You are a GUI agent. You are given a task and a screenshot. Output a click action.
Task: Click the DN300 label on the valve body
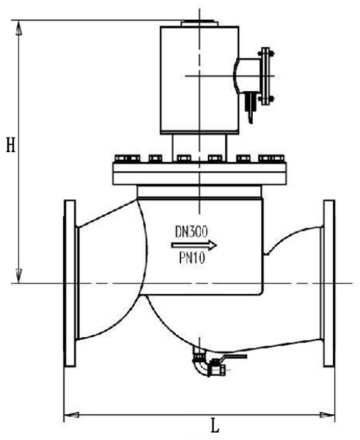pos(192,231)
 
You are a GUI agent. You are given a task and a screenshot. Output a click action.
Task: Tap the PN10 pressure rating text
pos(192,258)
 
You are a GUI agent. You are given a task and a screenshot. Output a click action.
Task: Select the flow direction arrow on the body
pos(194,245)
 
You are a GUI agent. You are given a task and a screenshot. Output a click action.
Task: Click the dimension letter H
pos(11,145)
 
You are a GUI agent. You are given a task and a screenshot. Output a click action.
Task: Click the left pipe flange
pos(70,283)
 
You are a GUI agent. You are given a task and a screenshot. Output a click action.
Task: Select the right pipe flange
pos(329,283)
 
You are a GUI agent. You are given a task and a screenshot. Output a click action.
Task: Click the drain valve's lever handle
pos(233,356)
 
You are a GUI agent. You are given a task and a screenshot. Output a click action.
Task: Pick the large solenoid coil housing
pos(199,80)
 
